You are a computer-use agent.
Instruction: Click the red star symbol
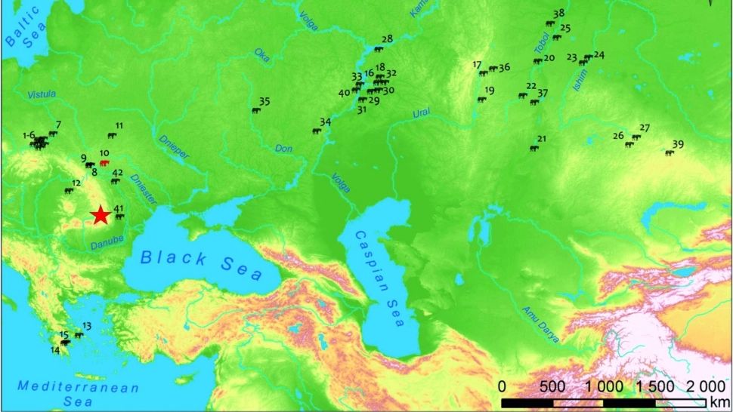coord(101,216)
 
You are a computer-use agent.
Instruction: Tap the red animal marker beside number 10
coord(104,162)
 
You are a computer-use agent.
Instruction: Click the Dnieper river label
coord(173,146)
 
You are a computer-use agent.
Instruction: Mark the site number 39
coord(678,144)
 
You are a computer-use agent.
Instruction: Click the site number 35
coord(264,101)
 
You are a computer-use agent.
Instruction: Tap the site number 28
coord(387,39)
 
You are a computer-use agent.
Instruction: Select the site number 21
coord(541,139)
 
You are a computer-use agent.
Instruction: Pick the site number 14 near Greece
coord(55,350)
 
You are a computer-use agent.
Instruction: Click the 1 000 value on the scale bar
coord(605,386)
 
